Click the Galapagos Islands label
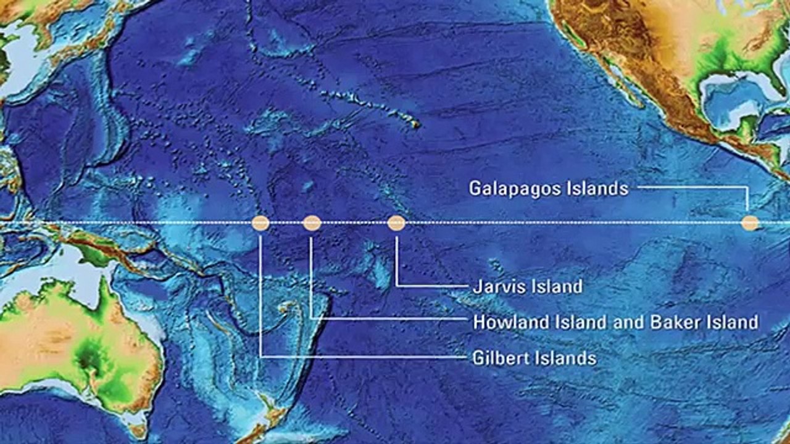pos(548,188)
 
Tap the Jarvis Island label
pos(527,286)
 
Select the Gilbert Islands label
pos(534,358)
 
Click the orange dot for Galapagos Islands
pos(749,223)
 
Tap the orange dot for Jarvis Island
pos(396,223)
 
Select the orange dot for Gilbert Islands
pos(260,223)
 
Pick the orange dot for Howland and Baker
pos(312,223)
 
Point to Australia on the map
pos(74,345)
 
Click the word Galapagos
pos(515,188)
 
